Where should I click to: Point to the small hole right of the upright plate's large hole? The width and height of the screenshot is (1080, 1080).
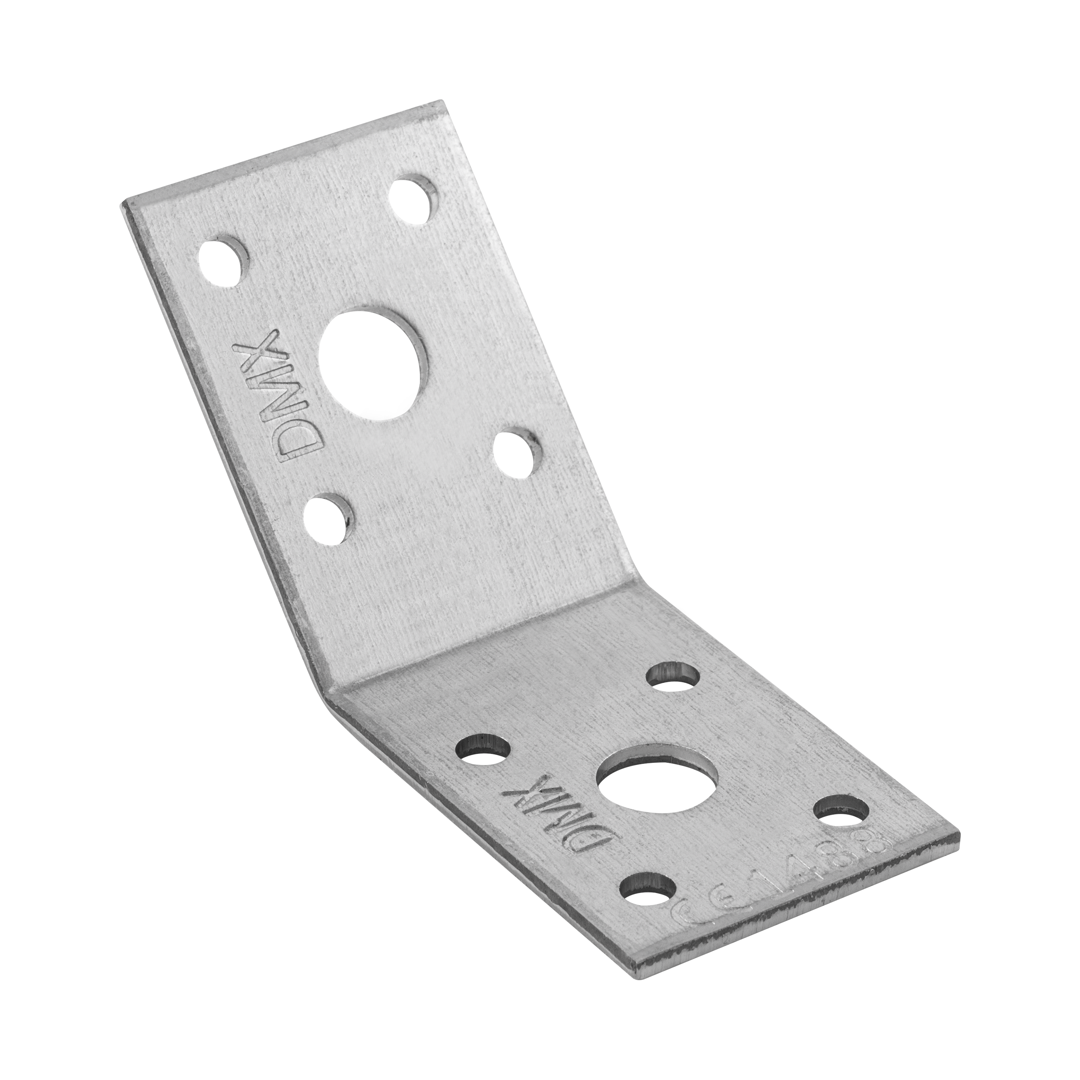tap(519, 451)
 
